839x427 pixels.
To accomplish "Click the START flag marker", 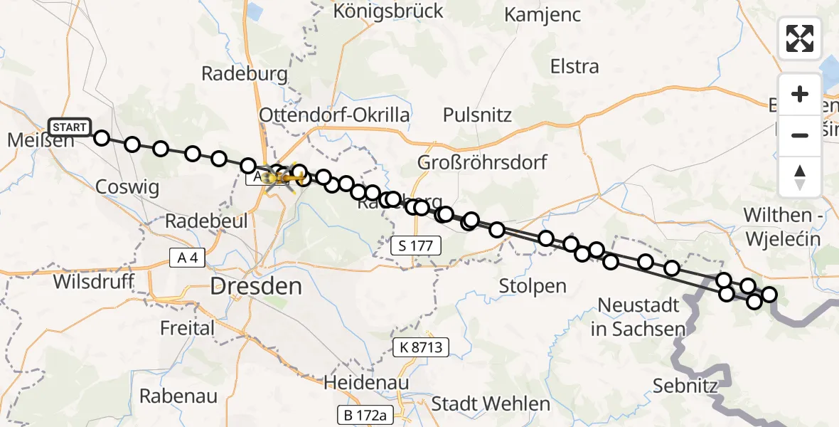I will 70,127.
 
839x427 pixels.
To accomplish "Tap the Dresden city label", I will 256,287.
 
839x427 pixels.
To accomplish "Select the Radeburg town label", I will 244,73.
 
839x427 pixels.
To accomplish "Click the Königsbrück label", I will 388,11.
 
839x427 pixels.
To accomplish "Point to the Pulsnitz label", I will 477,115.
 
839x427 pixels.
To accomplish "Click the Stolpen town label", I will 533,286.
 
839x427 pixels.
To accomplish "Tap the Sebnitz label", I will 685,386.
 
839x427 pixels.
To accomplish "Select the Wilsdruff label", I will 94,281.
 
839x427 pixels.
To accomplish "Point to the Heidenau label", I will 366,382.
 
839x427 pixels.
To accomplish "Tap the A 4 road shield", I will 188,257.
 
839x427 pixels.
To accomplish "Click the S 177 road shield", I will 417,246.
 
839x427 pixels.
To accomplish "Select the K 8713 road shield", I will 422,348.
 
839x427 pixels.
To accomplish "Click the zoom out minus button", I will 800,135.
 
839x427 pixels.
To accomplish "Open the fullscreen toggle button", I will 800,38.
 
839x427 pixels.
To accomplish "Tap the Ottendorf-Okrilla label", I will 334,115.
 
